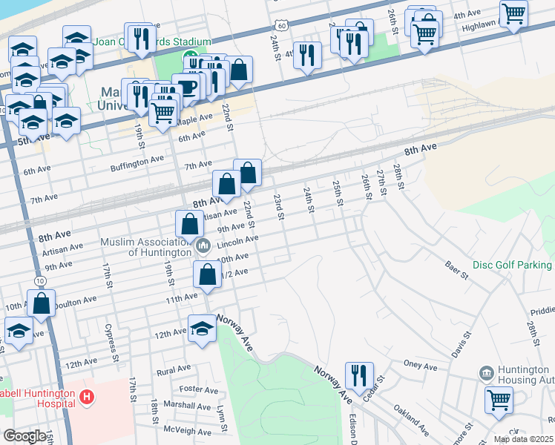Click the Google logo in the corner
(24, 436)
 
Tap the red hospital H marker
(87, 398)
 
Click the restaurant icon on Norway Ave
(359, 376)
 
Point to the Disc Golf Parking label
(513, 265)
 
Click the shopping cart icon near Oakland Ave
(499, 400)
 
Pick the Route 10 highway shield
(39, 280)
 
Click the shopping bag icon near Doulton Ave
(42, 304)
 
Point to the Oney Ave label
(420, 365)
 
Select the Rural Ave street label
(174, 369)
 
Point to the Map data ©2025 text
(523, 439)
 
